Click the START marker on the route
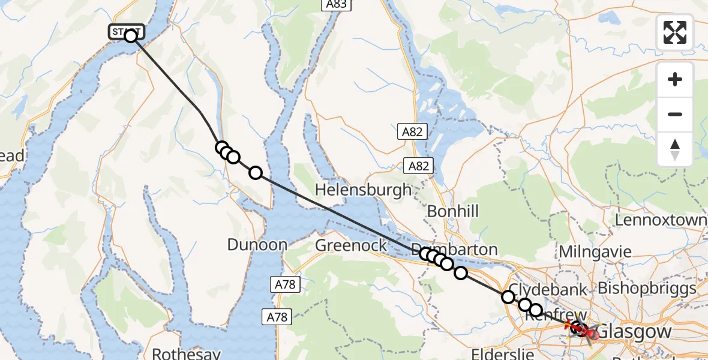tap(127, 32)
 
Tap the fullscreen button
tap(675, 32)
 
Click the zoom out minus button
tap(675, 114)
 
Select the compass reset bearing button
tap(675, 149)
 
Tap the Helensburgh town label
tap(364, 190)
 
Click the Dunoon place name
tap(257, 244)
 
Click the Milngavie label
tap(595, 251)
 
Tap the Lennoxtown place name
tap(661, 220)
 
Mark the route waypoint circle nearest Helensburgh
tap(256, 173)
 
